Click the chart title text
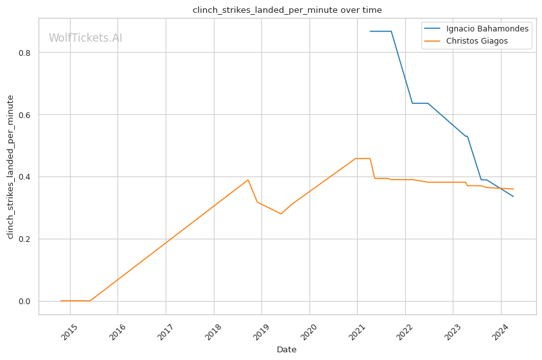pos(287,10)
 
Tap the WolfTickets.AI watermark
pos(85,38)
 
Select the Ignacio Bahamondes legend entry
pos(487,29)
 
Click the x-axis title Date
pos(286,350)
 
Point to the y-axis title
pos(10,167)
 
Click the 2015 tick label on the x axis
pos(69,331)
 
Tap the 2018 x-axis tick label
pos(213,331)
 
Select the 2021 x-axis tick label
pos(357,331)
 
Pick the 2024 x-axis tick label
pos(501,331)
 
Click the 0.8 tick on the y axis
pos(24,53)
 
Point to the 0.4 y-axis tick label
pos(24,177)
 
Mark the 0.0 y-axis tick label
pos(24,302)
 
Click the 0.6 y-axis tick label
pos(24,115)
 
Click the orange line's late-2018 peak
pos(248,180)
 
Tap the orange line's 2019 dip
pos(281,214)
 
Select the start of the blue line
pos(370,31)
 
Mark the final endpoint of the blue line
pos(513,196)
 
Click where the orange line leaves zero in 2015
pos(90,300)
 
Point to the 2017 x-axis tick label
pos(165,331)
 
